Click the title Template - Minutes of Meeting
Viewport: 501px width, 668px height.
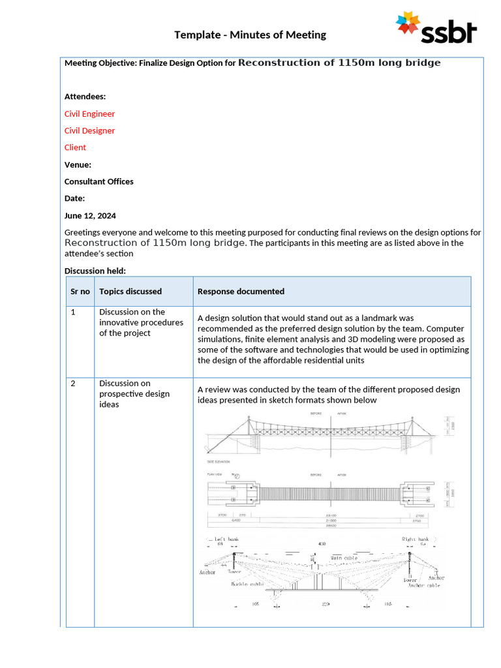(250, 35)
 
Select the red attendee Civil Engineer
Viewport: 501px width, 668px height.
(89, 114)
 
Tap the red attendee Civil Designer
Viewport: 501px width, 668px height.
(89, 130)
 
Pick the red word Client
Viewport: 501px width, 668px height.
(75, 147)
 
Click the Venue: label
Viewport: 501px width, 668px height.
(78, 164)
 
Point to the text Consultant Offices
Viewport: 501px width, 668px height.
(99, 181)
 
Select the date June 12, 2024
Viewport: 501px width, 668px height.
(90, 215)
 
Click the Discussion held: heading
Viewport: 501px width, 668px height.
(95, 271)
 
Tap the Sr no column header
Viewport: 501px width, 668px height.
(80, 291)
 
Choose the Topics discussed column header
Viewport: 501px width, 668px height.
(130, 291)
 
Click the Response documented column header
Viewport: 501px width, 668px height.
(241, 291)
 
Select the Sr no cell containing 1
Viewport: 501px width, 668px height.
(73, 312)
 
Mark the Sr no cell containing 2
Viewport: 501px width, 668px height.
(73, 383)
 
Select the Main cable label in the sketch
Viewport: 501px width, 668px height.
(344, 558)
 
